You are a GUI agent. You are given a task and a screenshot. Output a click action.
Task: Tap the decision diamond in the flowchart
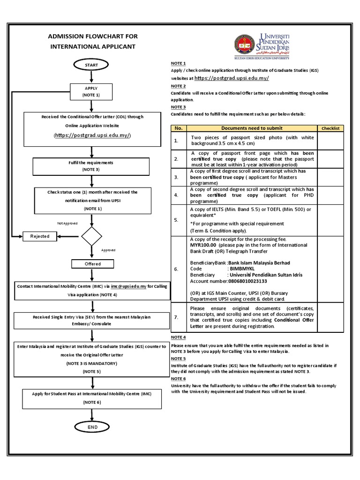coord(92,237)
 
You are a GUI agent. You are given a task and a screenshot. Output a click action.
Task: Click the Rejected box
coord(40,236)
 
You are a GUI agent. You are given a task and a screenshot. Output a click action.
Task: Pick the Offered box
coord(92,264)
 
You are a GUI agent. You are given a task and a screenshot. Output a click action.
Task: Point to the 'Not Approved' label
coord(67,224)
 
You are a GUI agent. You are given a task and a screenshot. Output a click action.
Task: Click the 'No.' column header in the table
coord(178,128)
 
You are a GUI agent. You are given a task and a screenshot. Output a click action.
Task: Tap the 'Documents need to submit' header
coord(252,128)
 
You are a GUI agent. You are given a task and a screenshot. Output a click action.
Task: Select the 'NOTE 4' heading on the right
coord(178,337)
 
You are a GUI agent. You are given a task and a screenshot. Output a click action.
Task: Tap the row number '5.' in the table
coord(176,219)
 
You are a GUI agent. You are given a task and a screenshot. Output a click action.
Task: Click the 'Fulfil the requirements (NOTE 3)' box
coord(90,165)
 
